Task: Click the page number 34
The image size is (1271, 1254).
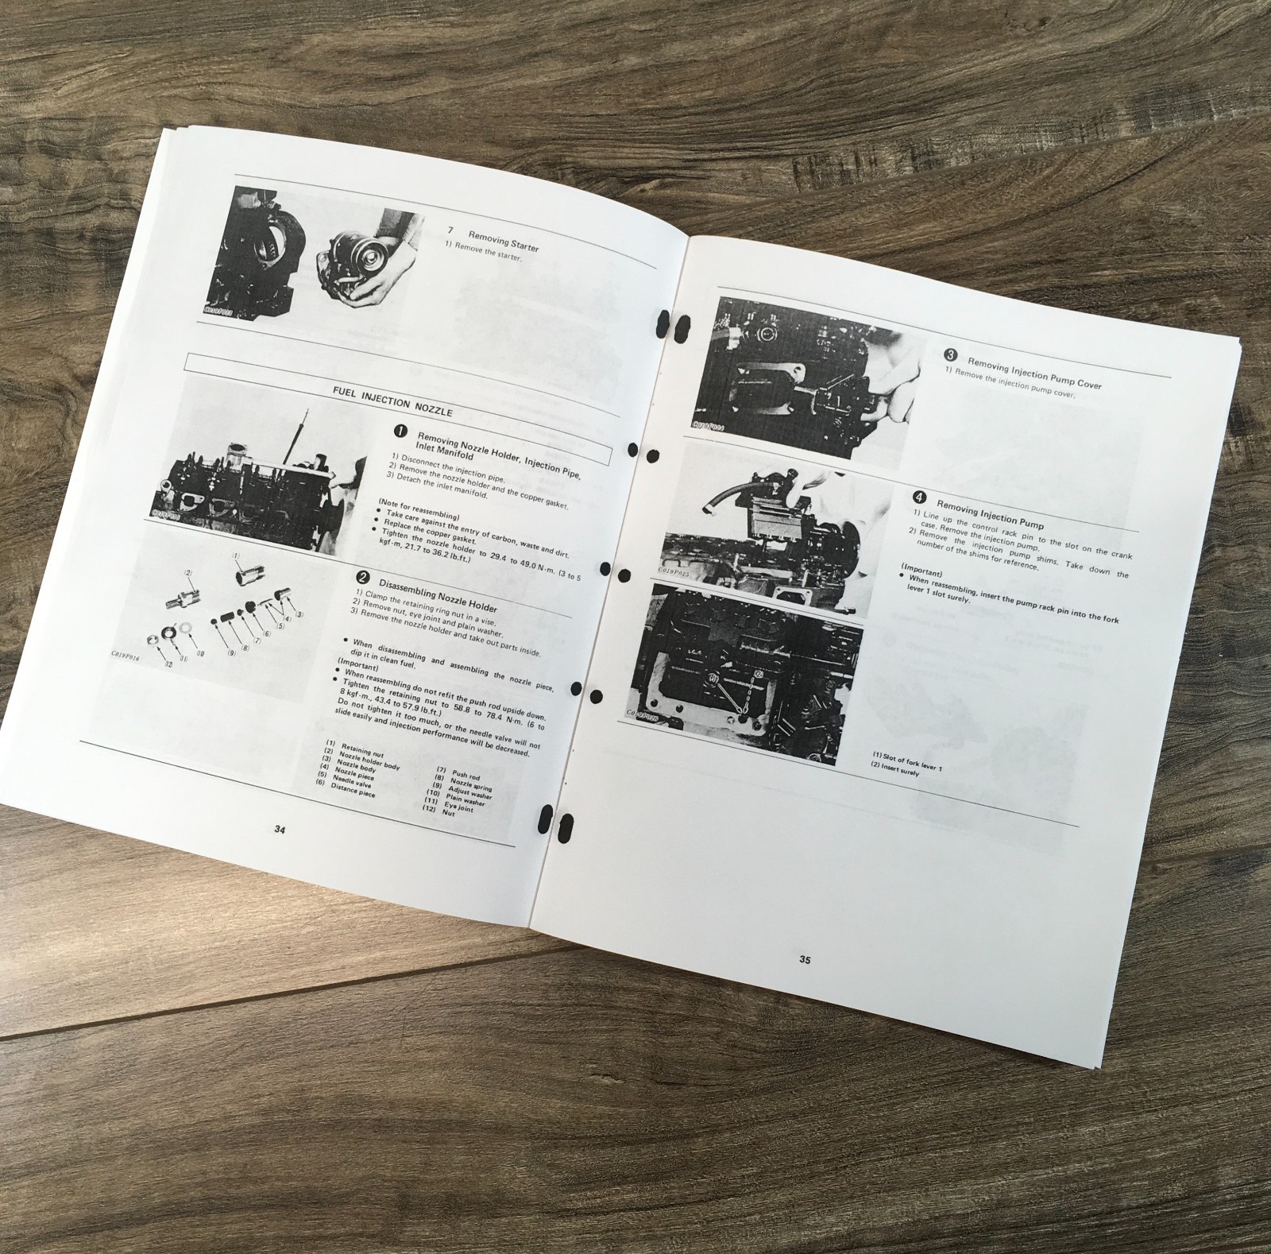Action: click(x=280, y=829)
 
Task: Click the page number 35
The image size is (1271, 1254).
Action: click(x=805, y=959)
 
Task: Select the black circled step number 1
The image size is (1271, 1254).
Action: click(x=400, y=432)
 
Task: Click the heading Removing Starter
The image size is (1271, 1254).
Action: click(x=503, y=242)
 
